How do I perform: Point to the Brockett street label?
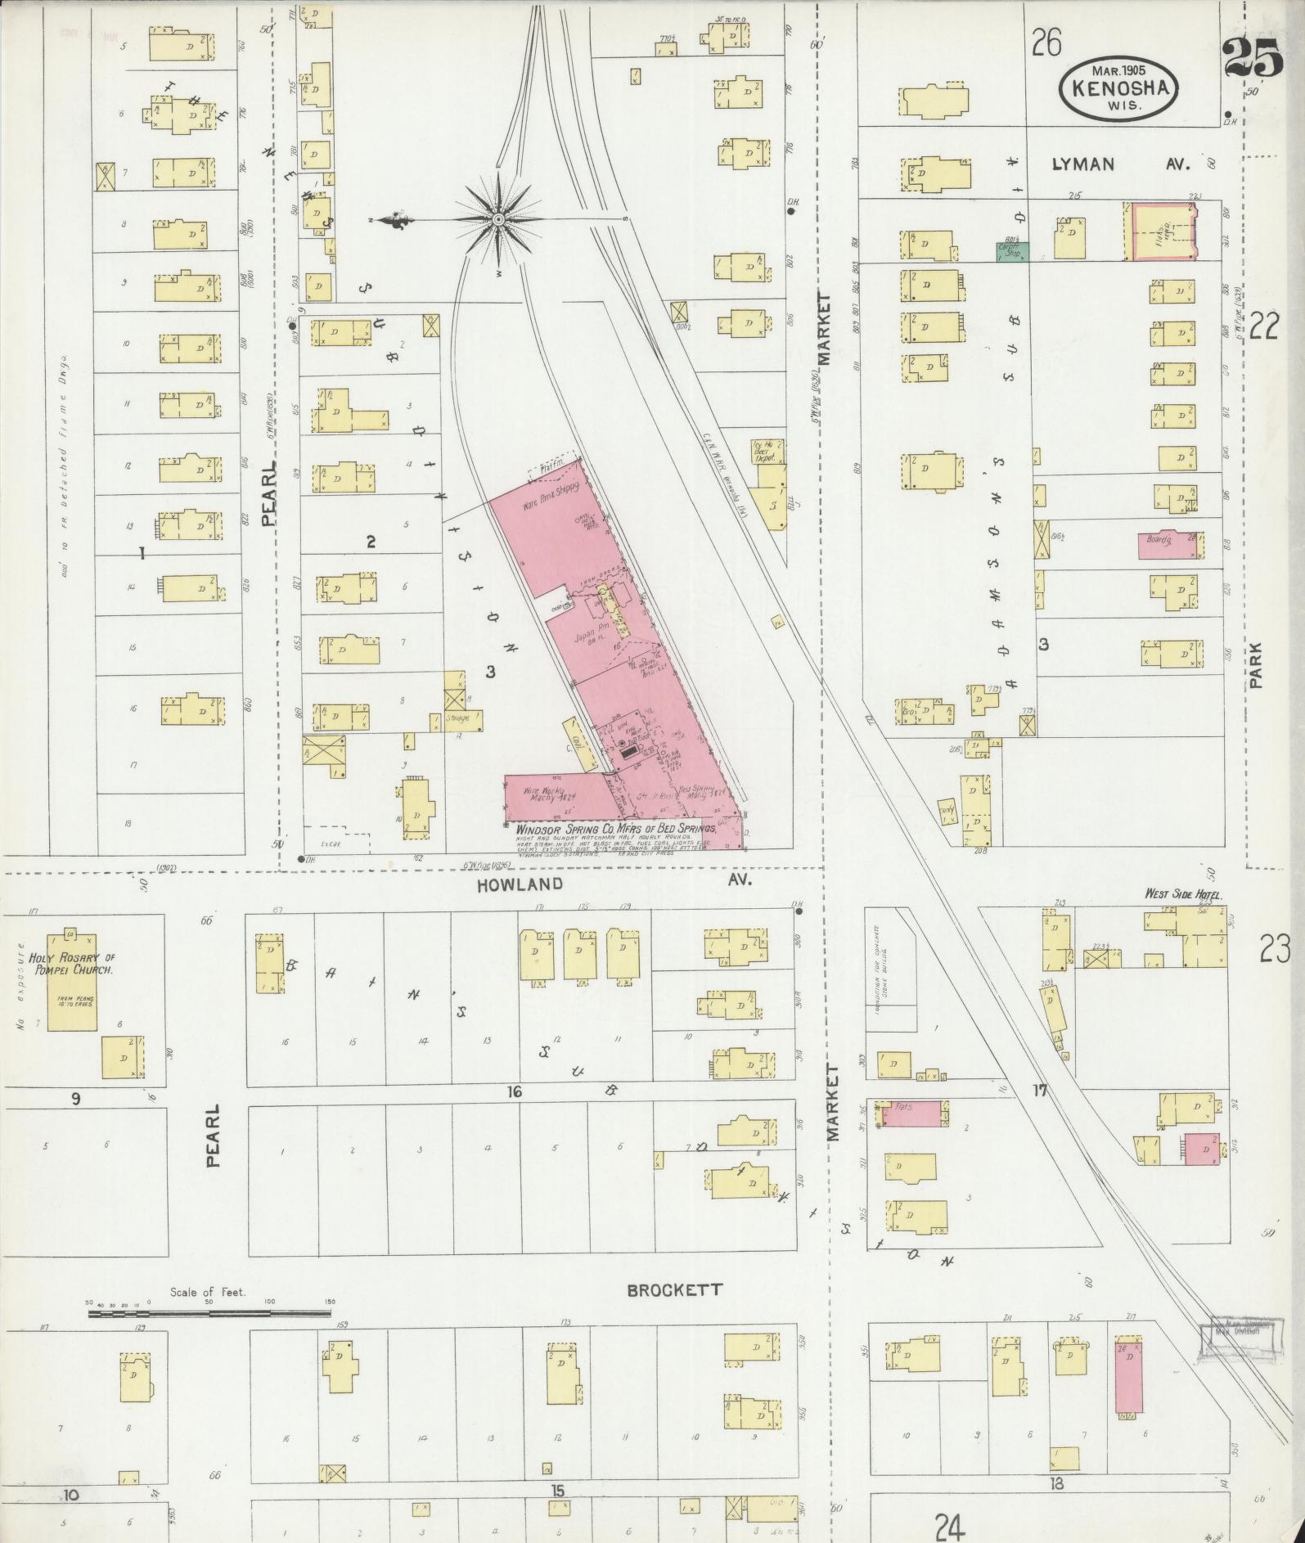[x=675, y=1290]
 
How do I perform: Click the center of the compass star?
[x=498, y=221]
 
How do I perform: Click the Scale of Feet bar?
[x=209, y=1314]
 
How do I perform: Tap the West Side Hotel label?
[x=1182, y=896]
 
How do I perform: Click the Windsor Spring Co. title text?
[x=615, y=829]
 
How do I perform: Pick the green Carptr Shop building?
[x=1013, y=251]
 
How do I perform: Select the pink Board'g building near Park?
[x=1171, y=545]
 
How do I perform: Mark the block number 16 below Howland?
[x=514, y=1092]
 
